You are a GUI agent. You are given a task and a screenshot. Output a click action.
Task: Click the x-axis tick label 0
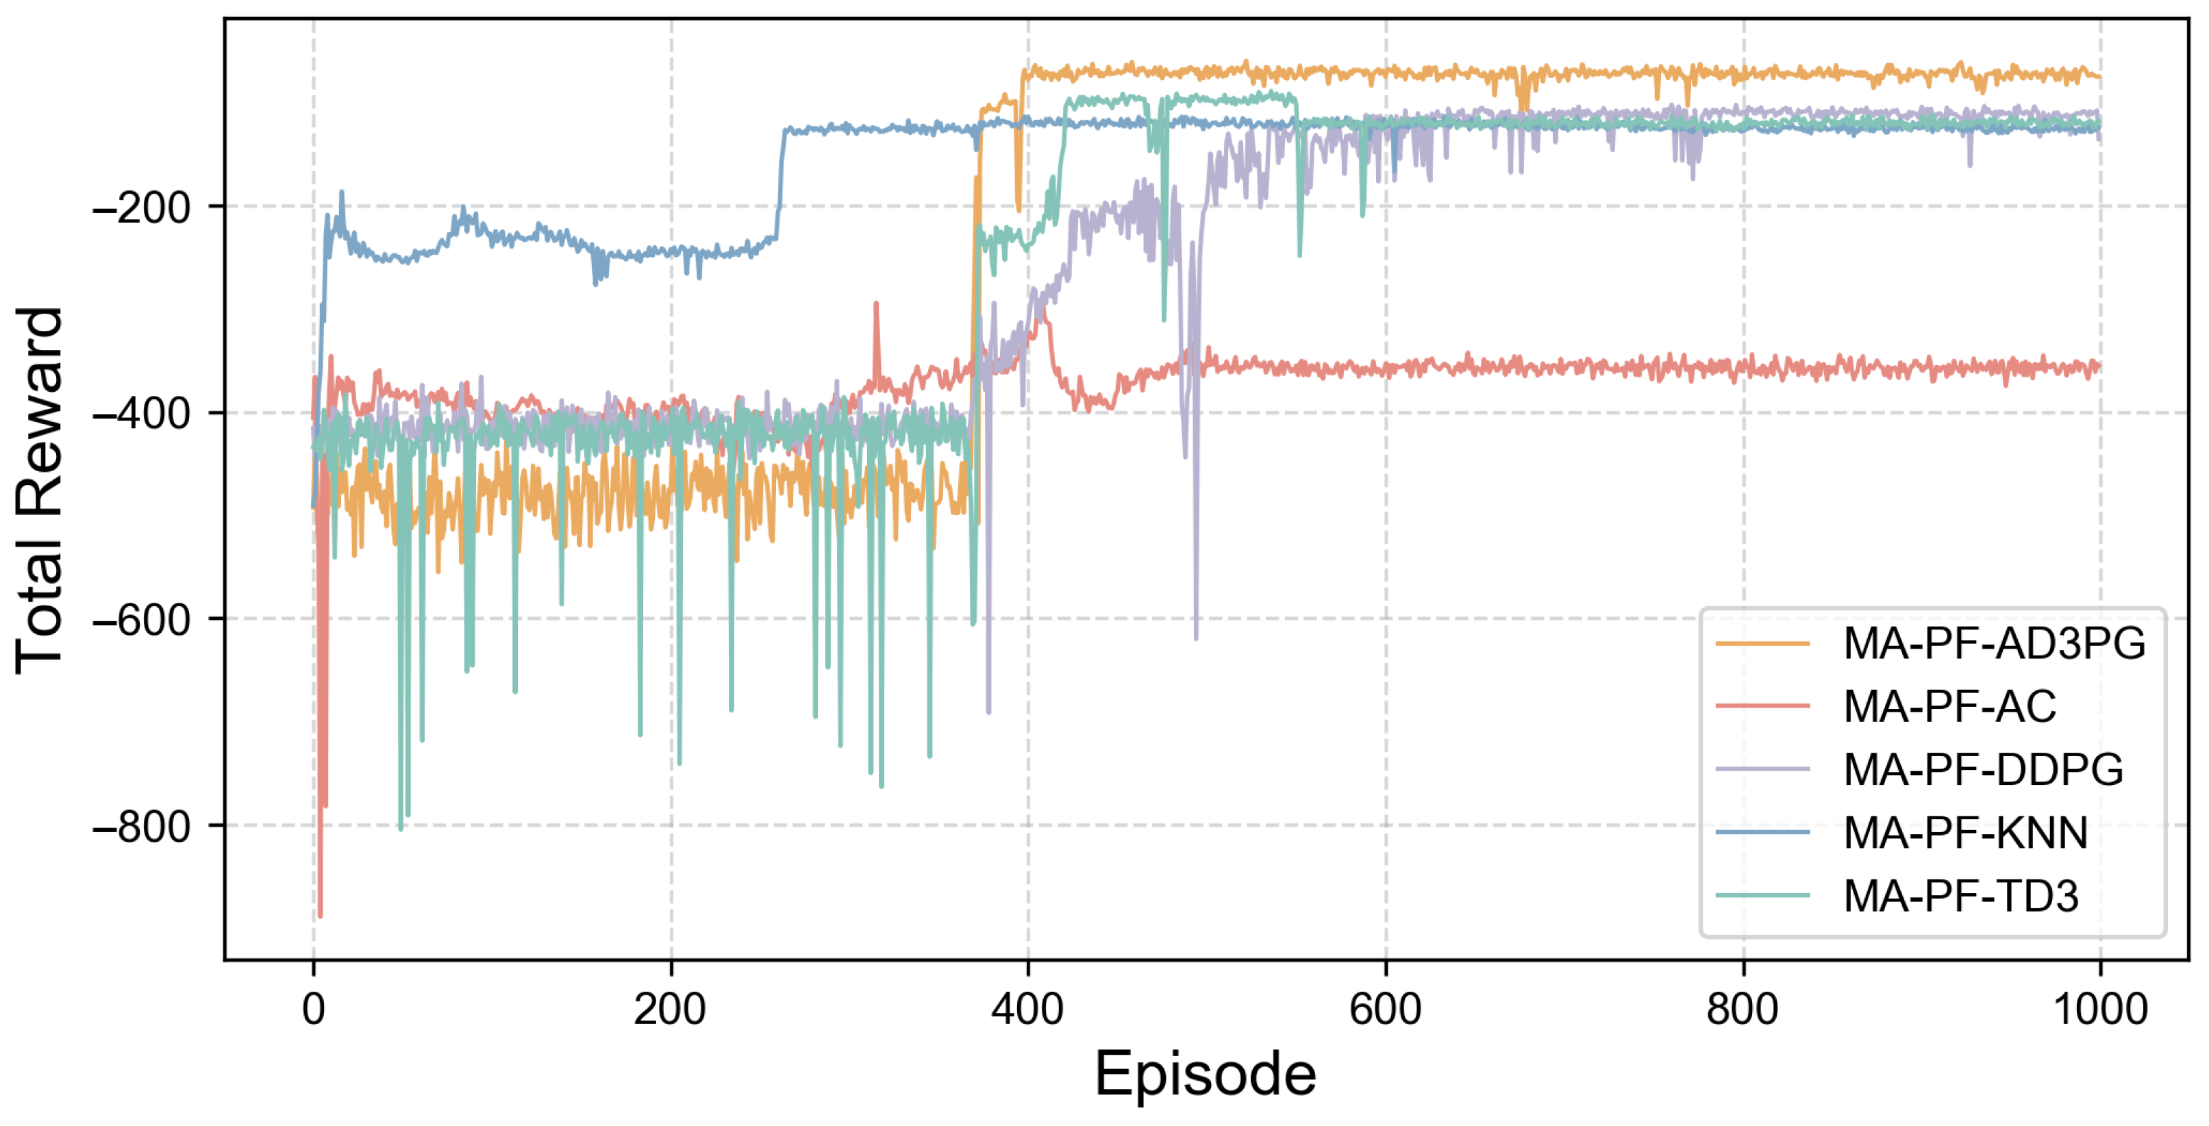(x=314, y=1010)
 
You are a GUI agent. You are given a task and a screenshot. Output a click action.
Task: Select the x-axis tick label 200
(x=670, y=1010)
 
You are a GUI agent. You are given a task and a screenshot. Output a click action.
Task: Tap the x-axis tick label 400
(x=1027, y=1010)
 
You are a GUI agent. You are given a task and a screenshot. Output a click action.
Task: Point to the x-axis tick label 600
(x=1385, y=1010)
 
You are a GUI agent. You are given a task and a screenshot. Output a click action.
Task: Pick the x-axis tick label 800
(x=1743, y=1010)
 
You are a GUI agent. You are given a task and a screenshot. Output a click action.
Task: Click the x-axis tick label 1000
(x=2100, y=1010)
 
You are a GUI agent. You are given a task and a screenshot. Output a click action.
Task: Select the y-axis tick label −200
(x=142, y=208)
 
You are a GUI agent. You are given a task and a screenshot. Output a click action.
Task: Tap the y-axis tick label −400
(x=142, y=414)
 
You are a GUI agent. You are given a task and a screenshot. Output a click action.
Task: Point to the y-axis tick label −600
(x=142, y=619)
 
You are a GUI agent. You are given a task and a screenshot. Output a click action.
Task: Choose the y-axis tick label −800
(x=142, y=826)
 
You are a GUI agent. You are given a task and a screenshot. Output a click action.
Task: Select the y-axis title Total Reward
(x=40, y=490)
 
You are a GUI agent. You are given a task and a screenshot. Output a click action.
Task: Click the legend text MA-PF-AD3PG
(x=1995, y=643)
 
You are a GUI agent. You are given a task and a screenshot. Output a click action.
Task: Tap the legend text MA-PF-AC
(x=1950, y=707)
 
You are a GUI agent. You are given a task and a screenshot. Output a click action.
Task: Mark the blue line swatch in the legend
(x=1762, y=833)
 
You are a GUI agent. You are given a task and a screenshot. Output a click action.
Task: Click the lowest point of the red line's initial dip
(x=321, y=916)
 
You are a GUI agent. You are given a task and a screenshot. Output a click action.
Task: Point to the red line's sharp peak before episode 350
(x=875, y=303)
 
